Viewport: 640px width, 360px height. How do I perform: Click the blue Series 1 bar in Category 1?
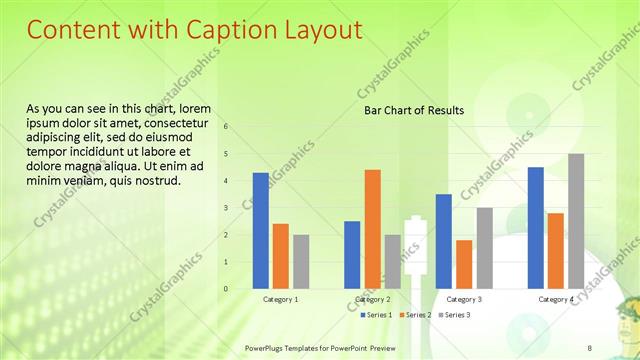tap(261, 230)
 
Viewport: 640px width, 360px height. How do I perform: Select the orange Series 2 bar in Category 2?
tap(372, 229)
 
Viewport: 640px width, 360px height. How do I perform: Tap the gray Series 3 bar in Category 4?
tap(576, 221)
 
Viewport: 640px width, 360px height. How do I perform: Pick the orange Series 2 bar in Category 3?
tap(464, 264)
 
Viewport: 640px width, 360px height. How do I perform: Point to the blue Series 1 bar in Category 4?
tap(535, 227)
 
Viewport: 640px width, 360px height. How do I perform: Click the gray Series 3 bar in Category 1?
tap(301, 261)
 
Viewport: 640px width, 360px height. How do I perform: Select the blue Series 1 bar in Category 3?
tap(444, 241)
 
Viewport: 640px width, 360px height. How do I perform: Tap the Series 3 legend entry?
tap(456, 315)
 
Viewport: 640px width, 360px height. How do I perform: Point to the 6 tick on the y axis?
tap(226, 127)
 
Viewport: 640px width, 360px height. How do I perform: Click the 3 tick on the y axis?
tap(226, 208)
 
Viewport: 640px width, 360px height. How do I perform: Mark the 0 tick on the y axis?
tap(226, 289)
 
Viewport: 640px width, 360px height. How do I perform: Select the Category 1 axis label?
tap(281, 300)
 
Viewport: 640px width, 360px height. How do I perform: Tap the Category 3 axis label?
tap(464, 300)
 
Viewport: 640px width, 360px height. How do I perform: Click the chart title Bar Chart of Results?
tap(414, 110)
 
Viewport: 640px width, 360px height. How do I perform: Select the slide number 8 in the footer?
tap(589, 346)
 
